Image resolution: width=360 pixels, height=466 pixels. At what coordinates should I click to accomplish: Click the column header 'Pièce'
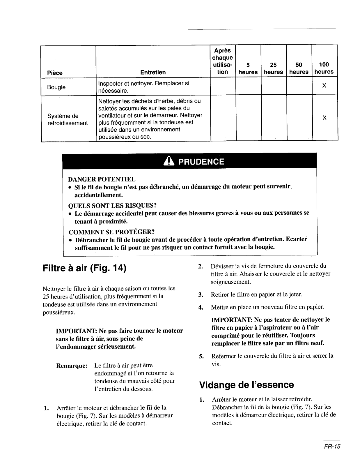click(55, 73)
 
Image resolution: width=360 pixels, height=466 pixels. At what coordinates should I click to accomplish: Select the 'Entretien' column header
click(153, 72)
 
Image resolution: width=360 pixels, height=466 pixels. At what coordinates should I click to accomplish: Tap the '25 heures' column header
click(273, 68)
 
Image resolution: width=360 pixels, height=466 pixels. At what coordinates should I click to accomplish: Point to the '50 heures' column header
click(299, 68)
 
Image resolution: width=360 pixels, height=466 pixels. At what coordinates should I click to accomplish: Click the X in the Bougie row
click(324, 86)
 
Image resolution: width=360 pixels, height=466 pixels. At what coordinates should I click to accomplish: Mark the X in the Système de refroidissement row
click(324, 118)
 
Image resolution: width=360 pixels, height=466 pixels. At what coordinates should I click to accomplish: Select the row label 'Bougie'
click(56, 87)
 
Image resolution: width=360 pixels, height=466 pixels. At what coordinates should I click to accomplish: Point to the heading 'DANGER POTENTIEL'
click(102, 179)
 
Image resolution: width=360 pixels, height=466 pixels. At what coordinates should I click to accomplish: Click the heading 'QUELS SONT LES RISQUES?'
click(111, 205)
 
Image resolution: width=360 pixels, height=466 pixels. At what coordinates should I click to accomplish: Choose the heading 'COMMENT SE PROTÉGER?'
click(111, 232)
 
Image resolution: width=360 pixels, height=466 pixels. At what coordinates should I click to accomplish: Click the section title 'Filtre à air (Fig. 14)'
click(84, 268)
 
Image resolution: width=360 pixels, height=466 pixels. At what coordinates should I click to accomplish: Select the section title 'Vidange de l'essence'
click(246, 385)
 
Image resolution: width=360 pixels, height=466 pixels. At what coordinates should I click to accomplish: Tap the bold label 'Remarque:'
click(72, 366)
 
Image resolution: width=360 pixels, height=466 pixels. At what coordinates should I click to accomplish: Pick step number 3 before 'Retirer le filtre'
click(201, 294)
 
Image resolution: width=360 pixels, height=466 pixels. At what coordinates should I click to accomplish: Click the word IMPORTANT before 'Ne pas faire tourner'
click(76, 331)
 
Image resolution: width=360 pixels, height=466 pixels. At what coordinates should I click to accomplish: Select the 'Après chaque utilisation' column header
click(222, 61)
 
